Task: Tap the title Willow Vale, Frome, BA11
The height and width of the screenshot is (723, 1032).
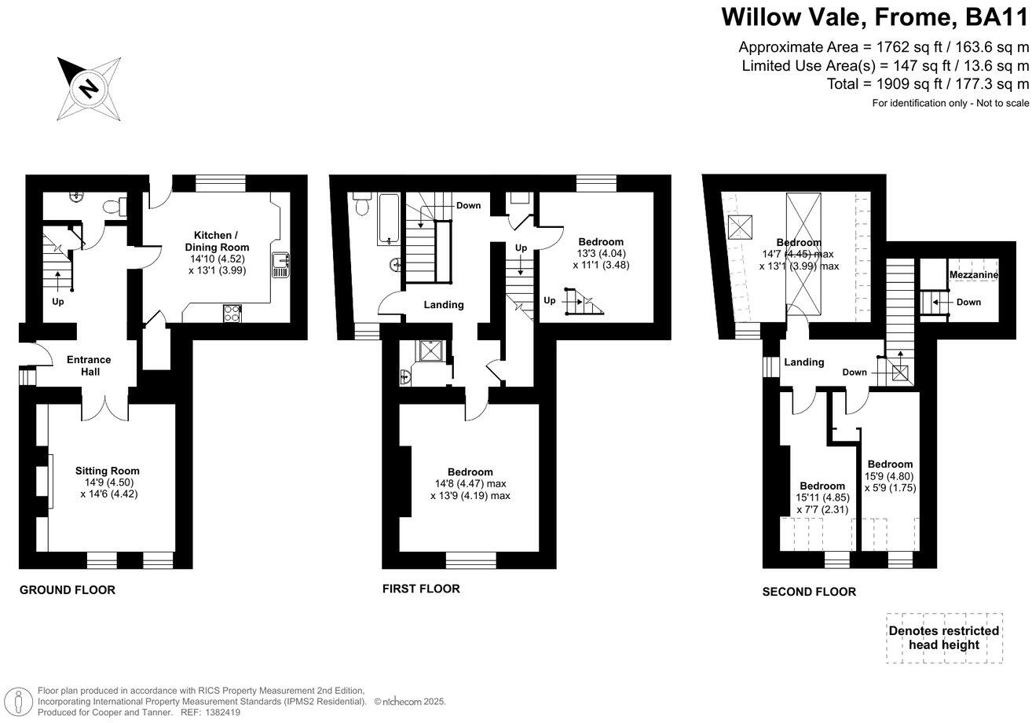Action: pyautogui.click(x=874, y=17)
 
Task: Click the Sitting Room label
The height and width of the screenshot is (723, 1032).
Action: pyautogui.click(x=113, y=471)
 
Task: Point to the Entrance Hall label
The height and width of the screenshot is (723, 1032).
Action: pyautogui.click(x=89, y=365)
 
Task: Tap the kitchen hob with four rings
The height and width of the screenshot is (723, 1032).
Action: pyautogui.click(x=233, y=312)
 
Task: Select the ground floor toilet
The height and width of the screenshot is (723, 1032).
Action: pyautogui.click(x=117, y=207)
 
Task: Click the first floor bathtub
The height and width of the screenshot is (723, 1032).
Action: pyautogui.click(x=389, y=218)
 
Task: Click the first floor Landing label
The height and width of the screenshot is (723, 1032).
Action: pyautogui.click(x=444, y=305)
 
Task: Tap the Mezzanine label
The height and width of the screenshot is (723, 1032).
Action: pyautogui.click(x=973, y=275)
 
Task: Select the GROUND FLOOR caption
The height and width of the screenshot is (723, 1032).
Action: pyautogui.click(x=67, y=589)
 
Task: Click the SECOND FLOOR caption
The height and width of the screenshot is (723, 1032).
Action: pyautogui.click(x=809, y=592)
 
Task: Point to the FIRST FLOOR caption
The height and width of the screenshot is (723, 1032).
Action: pyautogui.click(x=421, y=589)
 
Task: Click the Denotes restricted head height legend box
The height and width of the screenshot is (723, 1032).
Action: pyautogui.click(x=943, y=637)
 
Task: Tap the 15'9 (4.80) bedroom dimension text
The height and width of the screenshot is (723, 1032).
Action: pyautogui.click(x=889, y=475)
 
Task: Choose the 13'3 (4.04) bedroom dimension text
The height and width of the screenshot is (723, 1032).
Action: pyautogui.click(x=601, y=253)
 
